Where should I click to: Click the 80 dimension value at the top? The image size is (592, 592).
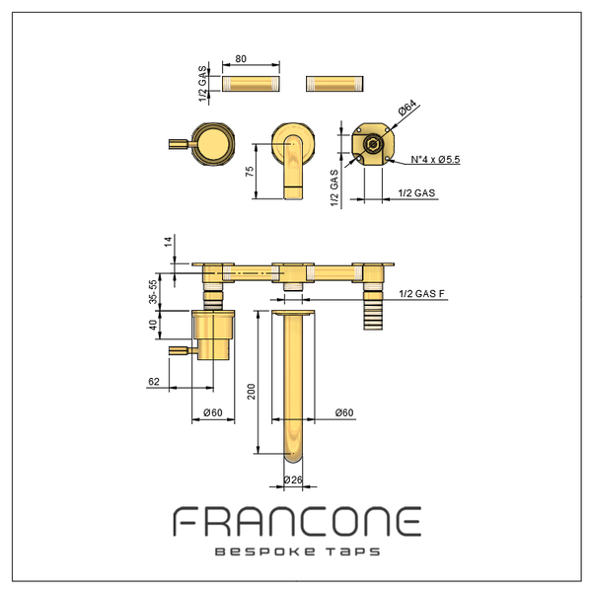coord(241,59)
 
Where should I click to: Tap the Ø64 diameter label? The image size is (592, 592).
coord(407,108)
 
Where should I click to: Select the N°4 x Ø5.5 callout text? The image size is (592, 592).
coord(435,159)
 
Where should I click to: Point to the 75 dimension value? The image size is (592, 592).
coord(250,172)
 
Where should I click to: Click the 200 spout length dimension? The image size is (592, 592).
coord(251,392)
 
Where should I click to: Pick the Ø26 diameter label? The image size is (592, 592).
coord(293,480)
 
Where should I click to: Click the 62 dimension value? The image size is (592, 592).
coord(154,381)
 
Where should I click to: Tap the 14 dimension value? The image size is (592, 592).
coord(168,241)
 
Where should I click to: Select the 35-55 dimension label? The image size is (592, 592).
coord(153,291)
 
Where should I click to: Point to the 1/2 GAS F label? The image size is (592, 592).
coord(421,293)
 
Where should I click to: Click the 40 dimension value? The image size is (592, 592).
coord(153,325)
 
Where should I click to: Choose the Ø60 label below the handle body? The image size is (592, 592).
coord(213,412)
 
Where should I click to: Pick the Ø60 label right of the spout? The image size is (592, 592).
coord(344,412)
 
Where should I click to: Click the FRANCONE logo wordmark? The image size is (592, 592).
coord(297,521)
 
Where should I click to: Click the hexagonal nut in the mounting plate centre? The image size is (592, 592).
coord(373,144)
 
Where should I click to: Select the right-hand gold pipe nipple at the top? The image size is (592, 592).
coord(334,84)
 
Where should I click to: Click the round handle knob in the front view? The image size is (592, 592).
coord(213,144)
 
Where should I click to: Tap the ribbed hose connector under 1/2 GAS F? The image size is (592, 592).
coord(373,311)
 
